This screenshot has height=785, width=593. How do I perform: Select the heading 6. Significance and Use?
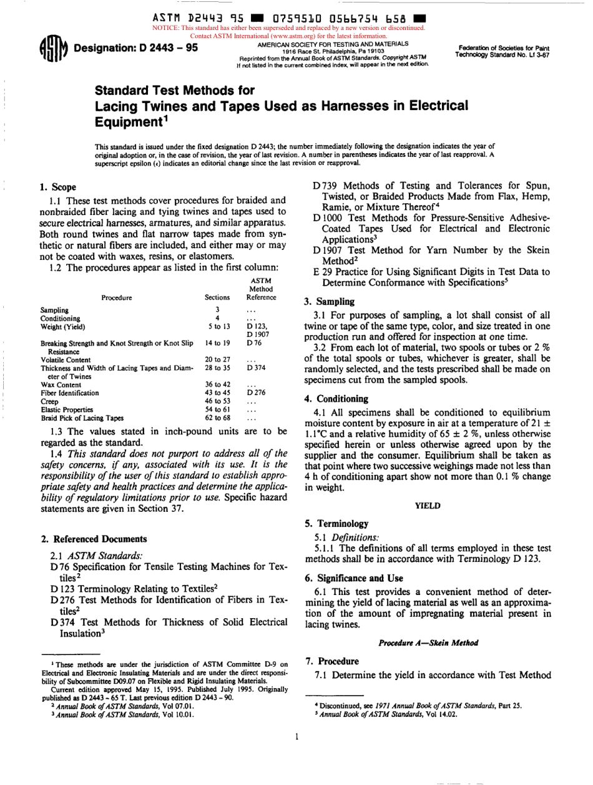click(353, 578)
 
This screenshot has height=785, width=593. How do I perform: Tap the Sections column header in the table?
click(218, 297)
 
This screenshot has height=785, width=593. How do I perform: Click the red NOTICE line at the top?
click(288, 28)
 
